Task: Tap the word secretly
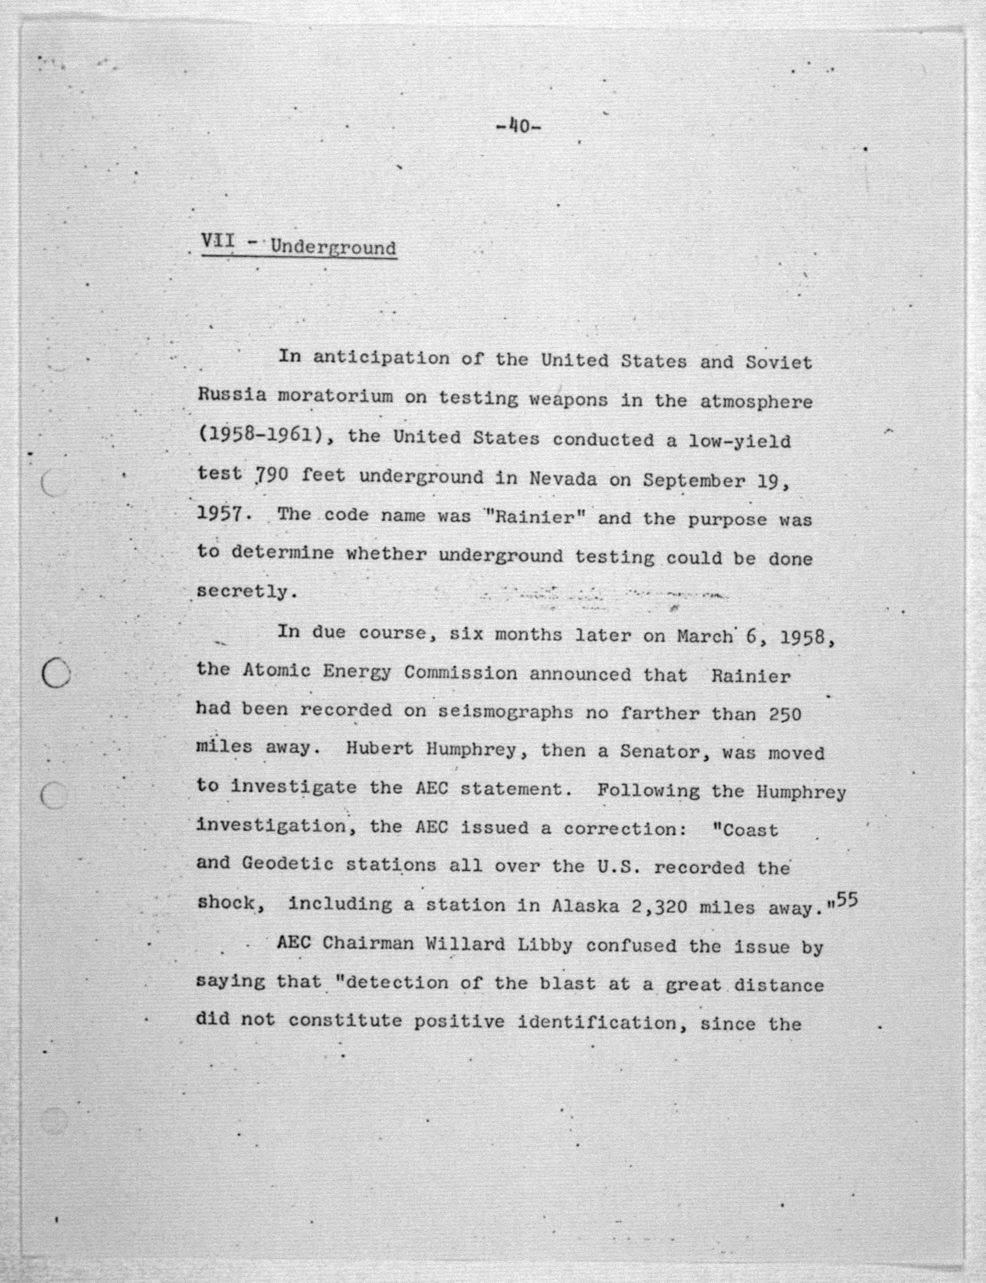coord(242,591)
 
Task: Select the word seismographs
coord(505,712)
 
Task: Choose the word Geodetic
coord(288,864)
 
